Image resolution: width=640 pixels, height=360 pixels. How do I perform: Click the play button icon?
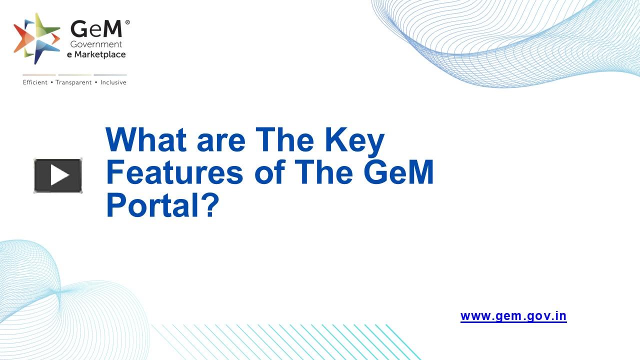pos(58,175)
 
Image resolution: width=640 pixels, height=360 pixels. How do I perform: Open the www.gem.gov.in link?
pos(513,316)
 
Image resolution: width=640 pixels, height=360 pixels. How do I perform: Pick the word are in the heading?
pos(221,141)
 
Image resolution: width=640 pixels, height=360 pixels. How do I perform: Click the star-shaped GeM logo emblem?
pos(36,38)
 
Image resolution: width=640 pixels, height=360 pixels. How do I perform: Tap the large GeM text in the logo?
pos(96,29)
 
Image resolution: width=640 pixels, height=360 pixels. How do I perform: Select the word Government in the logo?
pos(96,45)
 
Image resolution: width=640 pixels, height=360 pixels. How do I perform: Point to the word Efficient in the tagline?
pos(35,82)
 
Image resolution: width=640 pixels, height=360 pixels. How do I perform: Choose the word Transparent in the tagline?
pos(73,82)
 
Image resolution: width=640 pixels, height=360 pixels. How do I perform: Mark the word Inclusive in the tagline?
pos(113,82)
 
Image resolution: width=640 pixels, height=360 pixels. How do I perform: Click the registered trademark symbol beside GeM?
pos(127,22)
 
